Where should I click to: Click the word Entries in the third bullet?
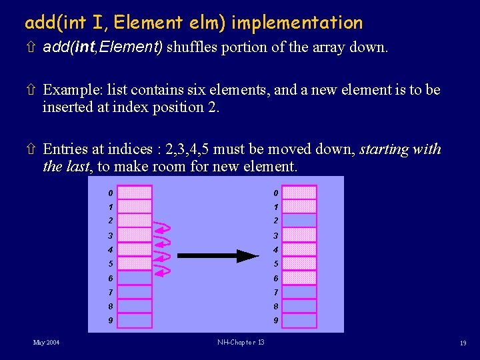pyautogui.click(x=65, y=149)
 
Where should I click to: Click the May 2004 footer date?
pyautogui.click(x=46, y=343)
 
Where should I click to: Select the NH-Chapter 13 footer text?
pyautogui.click(x=241, y=343)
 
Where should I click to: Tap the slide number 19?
pyautogui.click(x=462, y=343)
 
